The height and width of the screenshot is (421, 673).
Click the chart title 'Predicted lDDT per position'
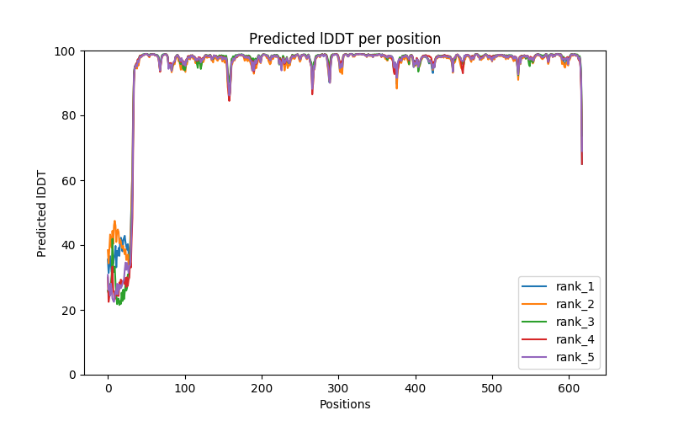344,39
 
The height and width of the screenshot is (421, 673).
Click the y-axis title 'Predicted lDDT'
42,213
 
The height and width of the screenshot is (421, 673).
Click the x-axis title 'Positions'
344,404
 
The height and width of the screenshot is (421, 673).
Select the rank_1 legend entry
575,286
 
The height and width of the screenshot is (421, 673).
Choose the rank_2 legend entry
575,304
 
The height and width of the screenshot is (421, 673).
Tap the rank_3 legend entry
575,322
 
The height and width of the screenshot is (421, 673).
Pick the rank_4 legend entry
575,339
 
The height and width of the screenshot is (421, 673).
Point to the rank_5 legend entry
575,357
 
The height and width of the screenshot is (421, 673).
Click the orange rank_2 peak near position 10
114,221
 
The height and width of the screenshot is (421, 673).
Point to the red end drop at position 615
581,163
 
